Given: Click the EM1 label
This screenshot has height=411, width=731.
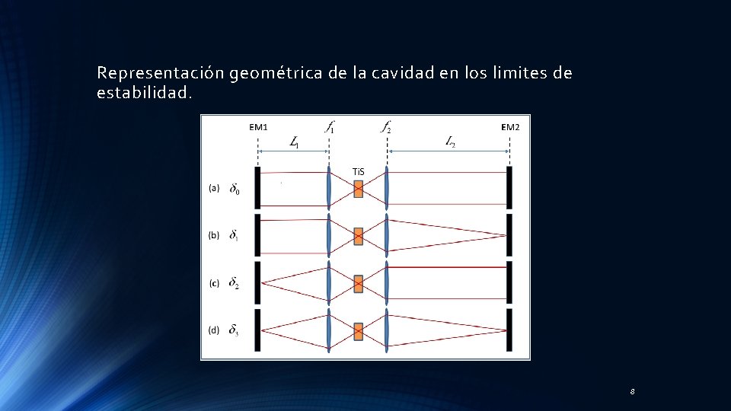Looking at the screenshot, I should (x=258, y=127).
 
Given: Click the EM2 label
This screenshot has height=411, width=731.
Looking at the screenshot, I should (x=510, y=127).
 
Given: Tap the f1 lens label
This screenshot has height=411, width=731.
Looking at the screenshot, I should (x=329, y=127).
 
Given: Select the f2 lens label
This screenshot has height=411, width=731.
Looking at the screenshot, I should (x=386, y=127).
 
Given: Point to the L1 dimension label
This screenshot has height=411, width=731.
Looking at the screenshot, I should (x=295, y=142).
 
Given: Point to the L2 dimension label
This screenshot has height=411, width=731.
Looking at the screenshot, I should (x=449, y=142).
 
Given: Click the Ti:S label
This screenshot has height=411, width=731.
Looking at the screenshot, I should (x=358, y=171).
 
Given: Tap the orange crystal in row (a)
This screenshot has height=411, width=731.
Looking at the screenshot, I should (x=358, y=188).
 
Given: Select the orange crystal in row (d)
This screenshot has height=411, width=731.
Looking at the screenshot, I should (x=358, y=331).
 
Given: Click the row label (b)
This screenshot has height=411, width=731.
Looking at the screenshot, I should (x=214, y=235).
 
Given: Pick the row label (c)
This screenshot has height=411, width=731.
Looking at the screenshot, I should (x=214, y=283).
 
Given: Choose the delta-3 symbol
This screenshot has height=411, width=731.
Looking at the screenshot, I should (x=234, y=331).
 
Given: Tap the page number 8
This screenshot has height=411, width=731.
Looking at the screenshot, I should (x=632, y=391).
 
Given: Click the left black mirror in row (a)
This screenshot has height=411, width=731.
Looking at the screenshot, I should (x=258, y=187).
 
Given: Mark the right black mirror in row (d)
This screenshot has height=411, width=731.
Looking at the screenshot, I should (x=509, y=330).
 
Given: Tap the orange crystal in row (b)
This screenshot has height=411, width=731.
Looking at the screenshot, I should (x=358, y=236).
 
